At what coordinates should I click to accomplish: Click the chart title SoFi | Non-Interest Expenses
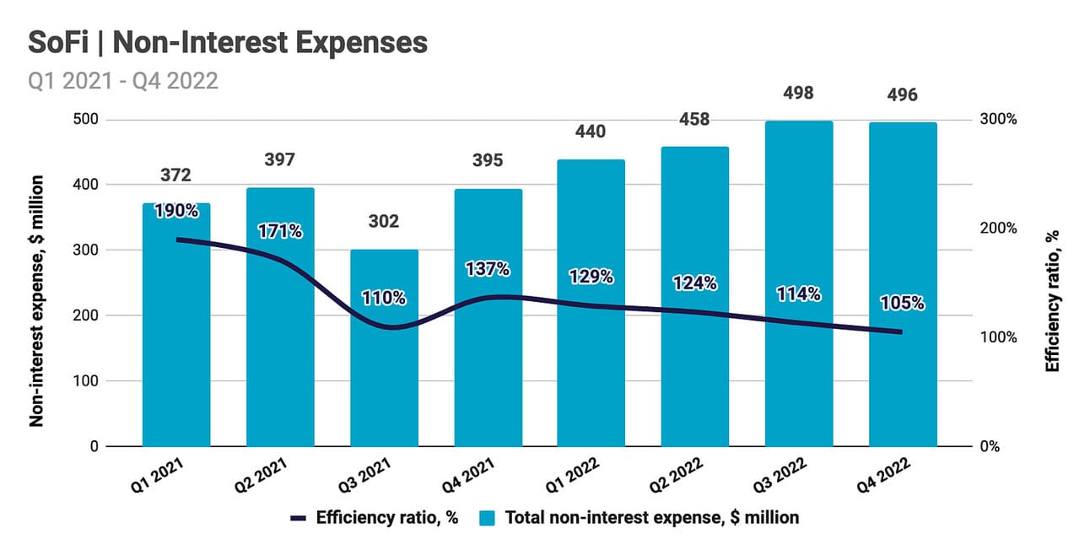(x=228, y=42)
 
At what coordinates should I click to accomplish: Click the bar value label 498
(x=798, y=93)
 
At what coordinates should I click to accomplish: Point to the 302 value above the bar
(x=384, y=222)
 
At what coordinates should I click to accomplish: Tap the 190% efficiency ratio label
(x=176, y=211)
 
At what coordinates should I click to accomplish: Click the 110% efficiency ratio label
(x=384, y=298)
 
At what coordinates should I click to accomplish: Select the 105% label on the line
(x=902, y=303)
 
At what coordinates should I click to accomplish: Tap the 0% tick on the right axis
(x=989, y=446)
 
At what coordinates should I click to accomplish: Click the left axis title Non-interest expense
(x=38, y=300)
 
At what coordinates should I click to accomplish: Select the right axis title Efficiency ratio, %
(x=1052, y=300)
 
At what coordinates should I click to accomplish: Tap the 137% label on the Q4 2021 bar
(x=488, y=269)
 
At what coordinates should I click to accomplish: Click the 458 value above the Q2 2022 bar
(x=694, y=120)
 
